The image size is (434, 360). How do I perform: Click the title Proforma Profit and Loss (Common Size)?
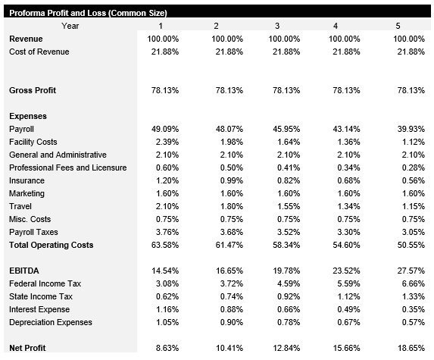tap(87, 13)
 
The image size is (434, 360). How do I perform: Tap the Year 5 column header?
tap(398, 26)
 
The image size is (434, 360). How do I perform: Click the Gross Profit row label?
tap(33, 90)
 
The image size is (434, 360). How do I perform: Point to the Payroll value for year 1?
tap(165, 129)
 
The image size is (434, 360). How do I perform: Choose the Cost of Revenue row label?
tap(39, 52)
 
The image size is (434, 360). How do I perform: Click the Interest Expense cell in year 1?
tap(167, 309)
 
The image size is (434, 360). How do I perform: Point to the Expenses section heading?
tap(28, 116)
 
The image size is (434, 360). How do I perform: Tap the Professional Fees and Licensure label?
tap(67, 167)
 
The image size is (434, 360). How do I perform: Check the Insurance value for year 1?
tap(167, 180)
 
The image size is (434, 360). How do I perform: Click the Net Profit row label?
tap(27, 348)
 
